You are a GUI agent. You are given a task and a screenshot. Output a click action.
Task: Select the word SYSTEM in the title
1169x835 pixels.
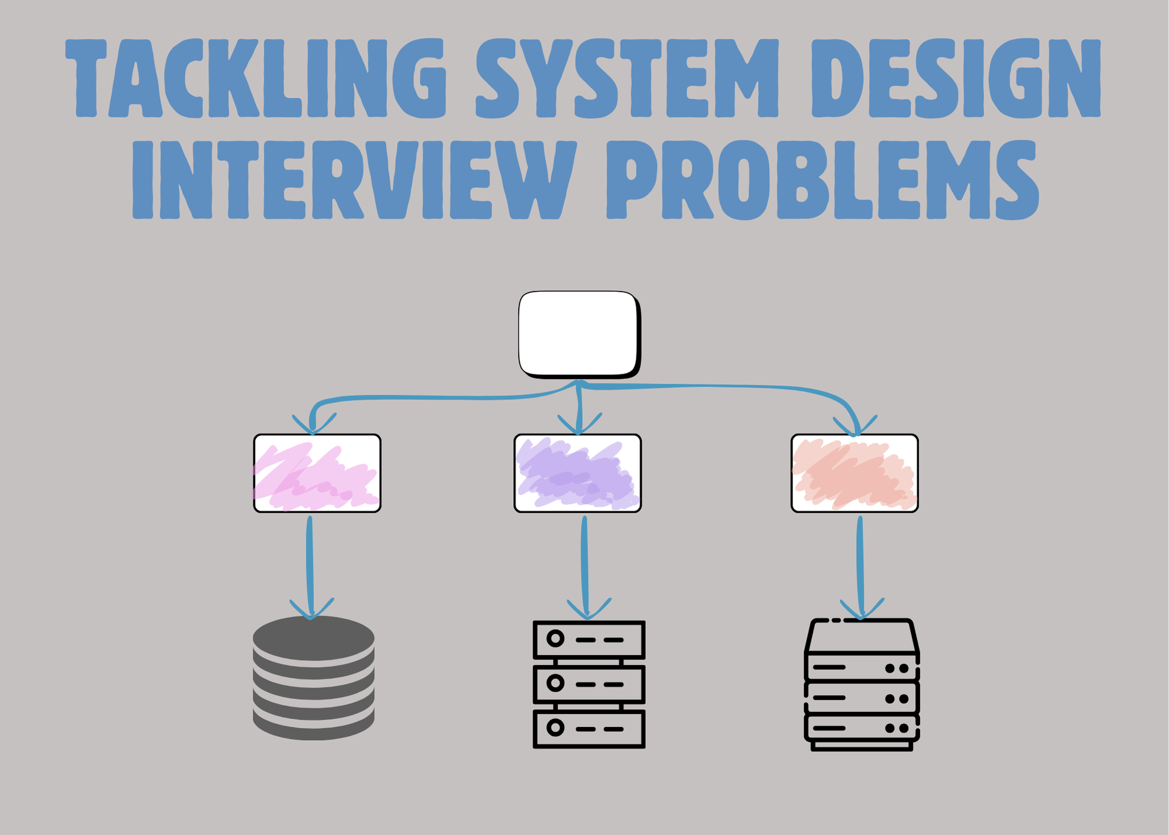pos(627,78)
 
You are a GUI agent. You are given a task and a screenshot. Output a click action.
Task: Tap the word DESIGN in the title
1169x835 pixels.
pos(956,78)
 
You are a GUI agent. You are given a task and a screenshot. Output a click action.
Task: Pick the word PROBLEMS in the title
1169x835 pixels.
pos(822,180)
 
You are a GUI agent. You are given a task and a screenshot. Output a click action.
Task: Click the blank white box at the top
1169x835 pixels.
pos(579,334)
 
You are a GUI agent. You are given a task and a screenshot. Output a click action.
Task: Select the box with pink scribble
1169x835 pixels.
pos(317,473)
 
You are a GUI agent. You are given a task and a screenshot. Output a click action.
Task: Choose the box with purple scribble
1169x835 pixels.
pos(577,473)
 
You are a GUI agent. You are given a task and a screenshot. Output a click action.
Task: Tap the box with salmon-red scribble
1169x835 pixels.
pos(855,473)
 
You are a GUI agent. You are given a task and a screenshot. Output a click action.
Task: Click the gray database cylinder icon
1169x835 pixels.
pos(313,678)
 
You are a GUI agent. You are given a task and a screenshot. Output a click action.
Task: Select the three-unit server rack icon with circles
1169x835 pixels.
pos(589,684)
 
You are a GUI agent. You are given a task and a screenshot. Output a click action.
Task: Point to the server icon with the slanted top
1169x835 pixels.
pos(862,684)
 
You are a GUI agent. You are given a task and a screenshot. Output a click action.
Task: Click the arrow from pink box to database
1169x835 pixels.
pos(310,567)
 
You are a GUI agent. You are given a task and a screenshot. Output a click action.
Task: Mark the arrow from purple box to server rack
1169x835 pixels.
pos(585,567)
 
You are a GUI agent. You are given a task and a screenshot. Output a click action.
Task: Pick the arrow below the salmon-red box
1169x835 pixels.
pos(860,567)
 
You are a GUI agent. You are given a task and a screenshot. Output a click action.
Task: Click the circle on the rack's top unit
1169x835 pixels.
pos(555,639)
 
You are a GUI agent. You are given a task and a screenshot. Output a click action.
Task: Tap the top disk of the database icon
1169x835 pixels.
pos(313,638)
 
